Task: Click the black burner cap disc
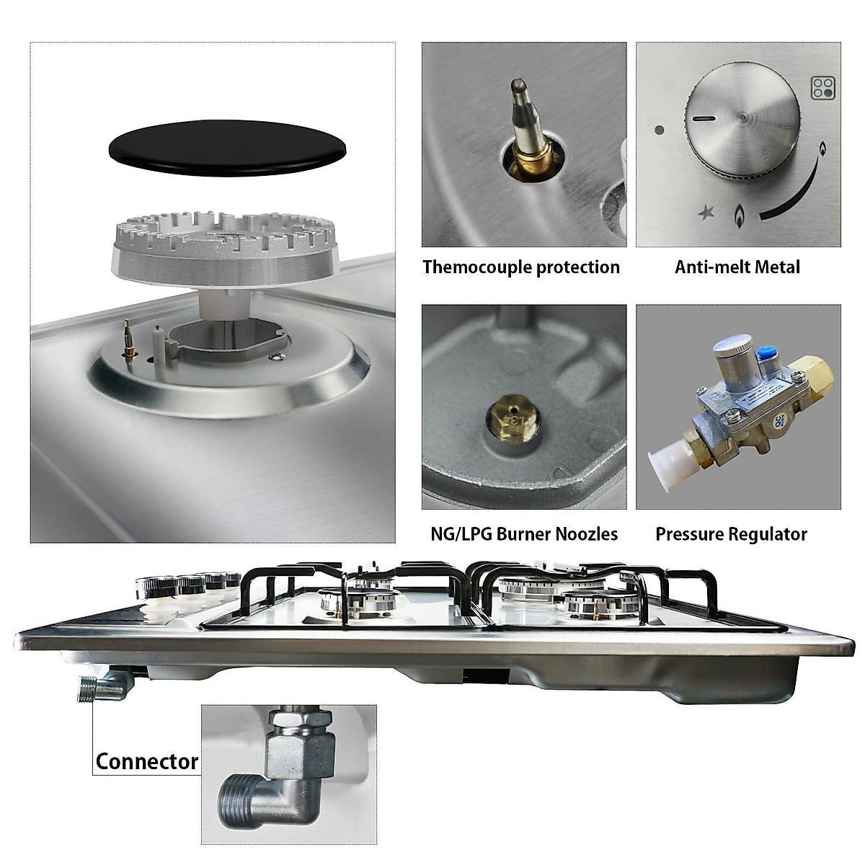tap(226, 146)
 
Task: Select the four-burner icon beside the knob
tap(821, 88)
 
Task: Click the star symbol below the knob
tap(706, 213)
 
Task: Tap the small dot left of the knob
tap(659, 131)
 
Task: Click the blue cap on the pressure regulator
tap(765, 354)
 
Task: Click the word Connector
tap(146, 761)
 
